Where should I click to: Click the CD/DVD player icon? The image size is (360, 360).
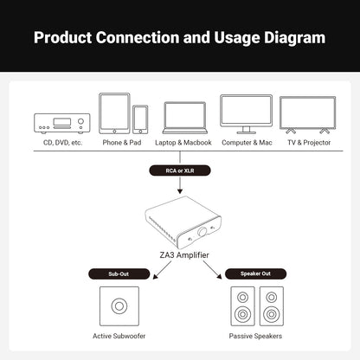(x=62, y=124)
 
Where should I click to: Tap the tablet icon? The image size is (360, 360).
(x=114, y=113)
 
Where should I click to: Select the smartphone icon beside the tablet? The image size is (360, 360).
(x=140, y=119)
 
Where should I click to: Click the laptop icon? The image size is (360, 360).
(x=185, y=118)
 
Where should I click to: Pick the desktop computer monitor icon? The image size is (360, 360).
(x=246, y=114)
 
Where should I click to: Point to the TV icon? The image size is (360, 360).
(x=308, y=115)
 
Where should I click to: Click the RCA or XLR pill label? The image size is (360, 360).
(x=180, y=170)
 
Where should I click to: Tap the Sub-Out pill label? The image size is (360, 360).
(x=119, y=273)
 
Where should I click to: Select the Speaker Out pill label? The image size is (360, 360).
(x=255, y=273)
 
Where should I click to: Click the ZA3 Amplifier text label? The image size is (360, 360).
(x=184, y=255)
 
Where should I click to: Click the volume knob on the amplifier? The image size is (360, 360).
(x=202, y=232)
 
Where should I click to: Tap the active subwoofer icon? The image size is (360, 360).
(x=119, y=306)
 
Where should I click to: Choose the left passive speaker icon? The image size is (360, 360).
(x=242, y=306)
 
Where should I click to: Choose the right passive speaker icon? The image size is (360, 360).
(x=272, y=306)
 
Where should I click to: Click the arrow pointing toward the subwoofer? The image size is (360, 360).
(x=162, y=270)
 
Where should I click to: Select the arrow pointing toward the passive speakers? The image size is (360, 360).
(x=213, y=270)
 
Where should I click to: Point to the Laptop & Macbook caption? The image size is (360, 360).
(x=183, y=143)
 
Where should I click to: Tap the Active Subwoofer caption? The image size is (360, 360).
(x=119, y=336)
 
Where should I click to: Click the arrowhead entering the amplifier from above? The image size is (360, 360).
(x=180, y=191)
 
